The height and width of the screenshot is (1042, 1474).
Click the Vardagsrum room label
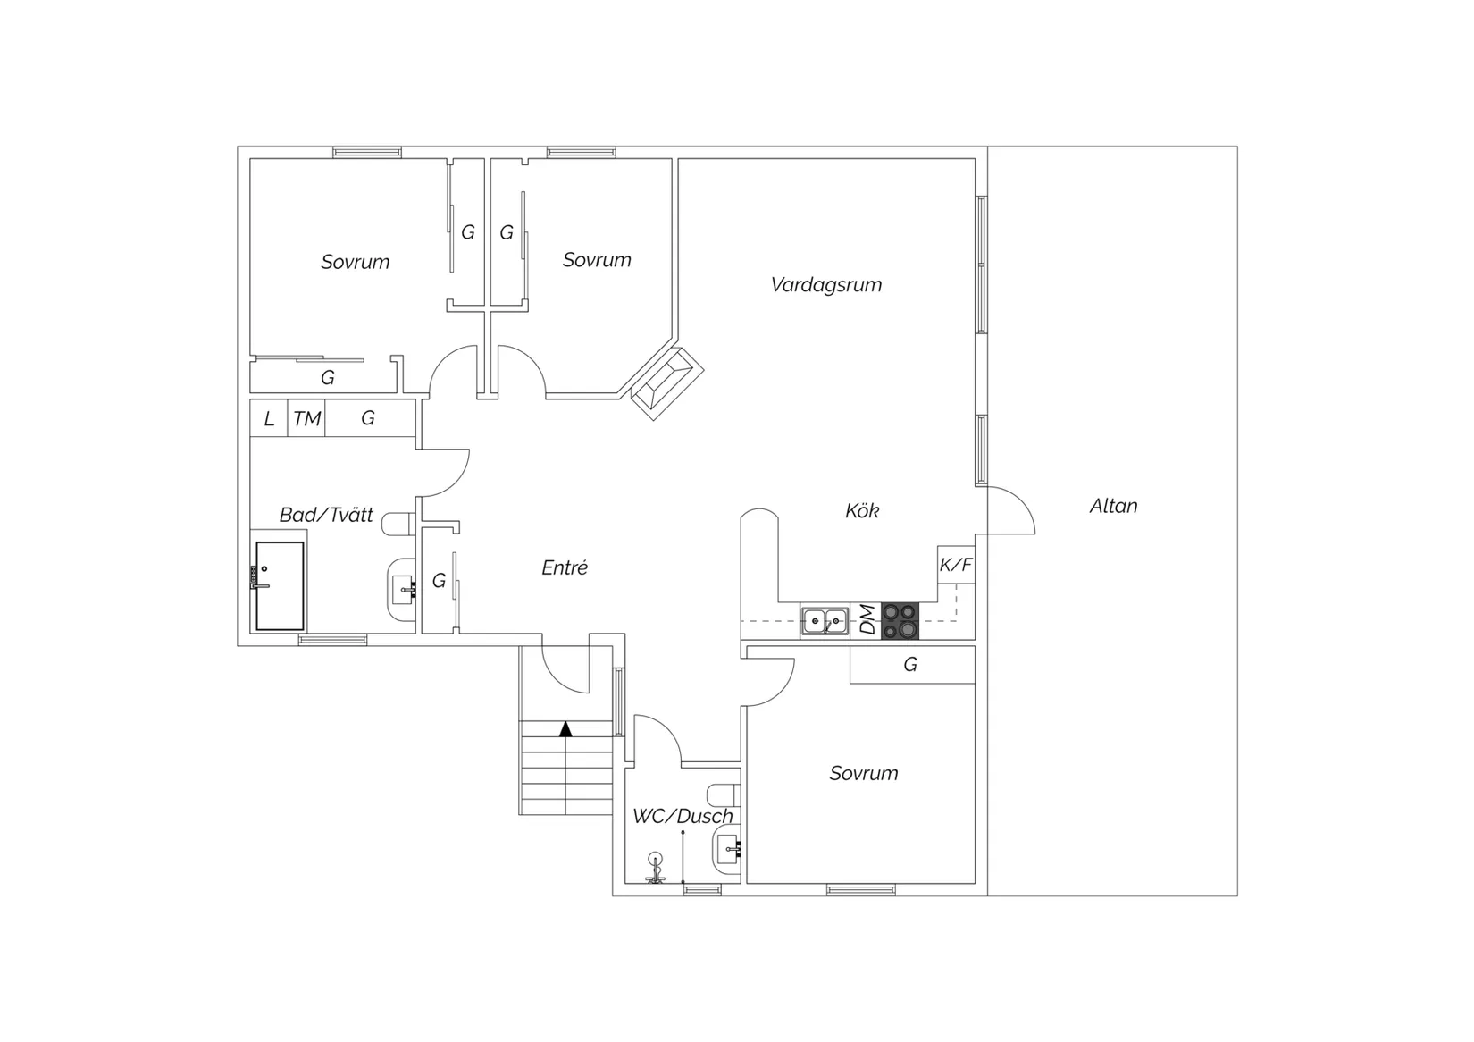(x=825, y=285)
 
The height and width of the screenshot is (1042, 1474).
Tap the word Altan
(x=1113, y=506)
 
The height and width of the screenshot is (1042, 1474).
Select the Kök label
(x=862, y=511)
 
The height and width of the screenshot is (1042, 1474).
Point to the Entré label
(x=565, y=567)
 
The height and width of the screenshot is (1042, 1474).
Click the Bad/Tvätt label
(x=326, y=515)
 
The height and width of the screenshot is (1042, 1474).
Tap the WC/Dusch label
(x=683, y=816)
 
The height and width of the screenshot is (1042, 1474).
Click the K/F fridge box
(x=956, y=565)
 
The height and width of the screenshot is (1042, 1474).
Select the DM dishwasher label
(x=868, y=620)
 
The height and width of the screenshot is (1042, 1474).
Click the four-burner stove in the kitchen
(x=900, y=621)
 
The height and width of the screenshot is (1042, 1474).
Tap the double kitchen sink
(x=825, y=621)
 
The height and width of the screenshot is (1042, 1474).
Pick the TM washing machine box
(x=306, y=418)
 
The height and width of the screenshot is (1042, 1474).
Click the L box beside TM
(x=269, y=418)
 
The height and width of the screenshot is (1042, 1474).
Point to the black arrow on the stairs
(x=565, y=729)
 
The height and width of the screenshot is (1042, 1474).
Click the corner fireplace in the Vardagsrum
(x=667, y=383)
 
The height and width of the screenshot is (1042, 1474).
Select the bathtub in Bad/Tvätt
(x=280, y=586)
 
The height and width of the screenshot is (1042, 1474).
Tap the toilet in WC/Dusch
(x=724, y=794)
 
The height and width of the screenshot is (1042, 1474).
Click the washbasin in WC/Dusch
(x=726, y=849)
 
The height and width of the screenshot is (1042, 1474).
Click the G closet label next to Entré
(x=439, y=581)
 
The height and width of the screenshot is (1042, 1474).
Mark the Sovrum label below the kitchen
(x=863, y=773)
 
